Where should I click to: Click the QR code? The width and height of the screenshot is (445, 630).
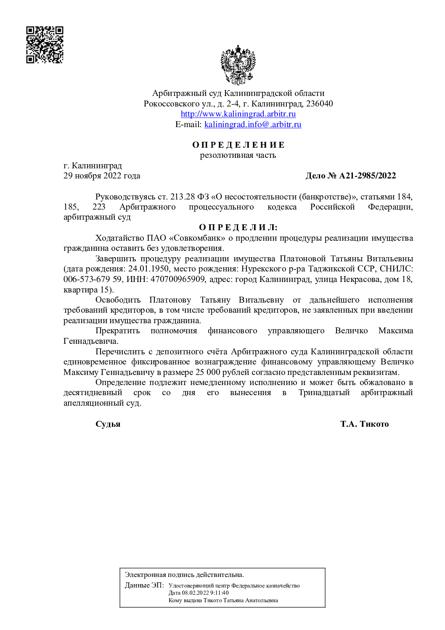coord(45,45)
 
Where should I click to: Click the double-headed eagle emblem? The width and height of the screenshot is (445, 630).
coord(238,65)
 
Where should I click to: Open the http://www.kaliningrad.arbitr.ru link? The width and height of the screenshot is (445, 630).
coord(238,114)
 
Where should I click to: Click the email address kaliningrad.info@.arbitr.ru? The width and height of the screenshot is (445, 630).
coord(253,124)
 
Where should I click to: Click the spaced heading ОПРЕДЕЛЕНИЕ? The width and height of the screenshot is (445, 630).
coord(238,145)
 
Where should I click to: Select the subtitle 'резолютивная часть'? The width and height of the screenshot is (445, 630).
coord(238,155)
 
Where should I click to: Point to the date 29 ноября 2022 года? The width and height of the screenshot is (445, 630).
coord(102,175)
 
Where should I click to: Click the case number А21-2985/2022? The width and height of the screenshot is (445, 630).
coord(367,175)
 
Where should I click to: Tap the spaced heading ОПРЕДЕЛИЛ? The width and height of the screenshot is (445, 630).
coord(238,227)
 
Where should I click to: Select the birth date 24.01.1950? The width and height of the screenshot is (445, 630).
coord(148,268)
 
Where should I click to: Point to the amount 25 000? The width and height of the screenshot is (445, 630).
coord(208,372)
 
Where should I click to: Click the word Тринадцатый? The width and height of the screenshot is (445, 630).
coord(324,392)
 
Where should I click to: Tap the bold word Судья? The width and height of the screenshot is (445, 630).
coord(108,424)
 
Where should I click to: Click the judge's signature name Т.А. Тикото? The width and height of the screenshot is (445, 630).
coord(364,424)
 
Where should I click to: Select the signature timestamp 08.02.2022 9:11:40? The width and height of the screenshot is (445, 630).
coord(205,593)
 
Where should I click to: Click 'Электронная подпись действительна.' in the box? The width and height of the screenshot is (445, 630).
coord(184,574)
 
